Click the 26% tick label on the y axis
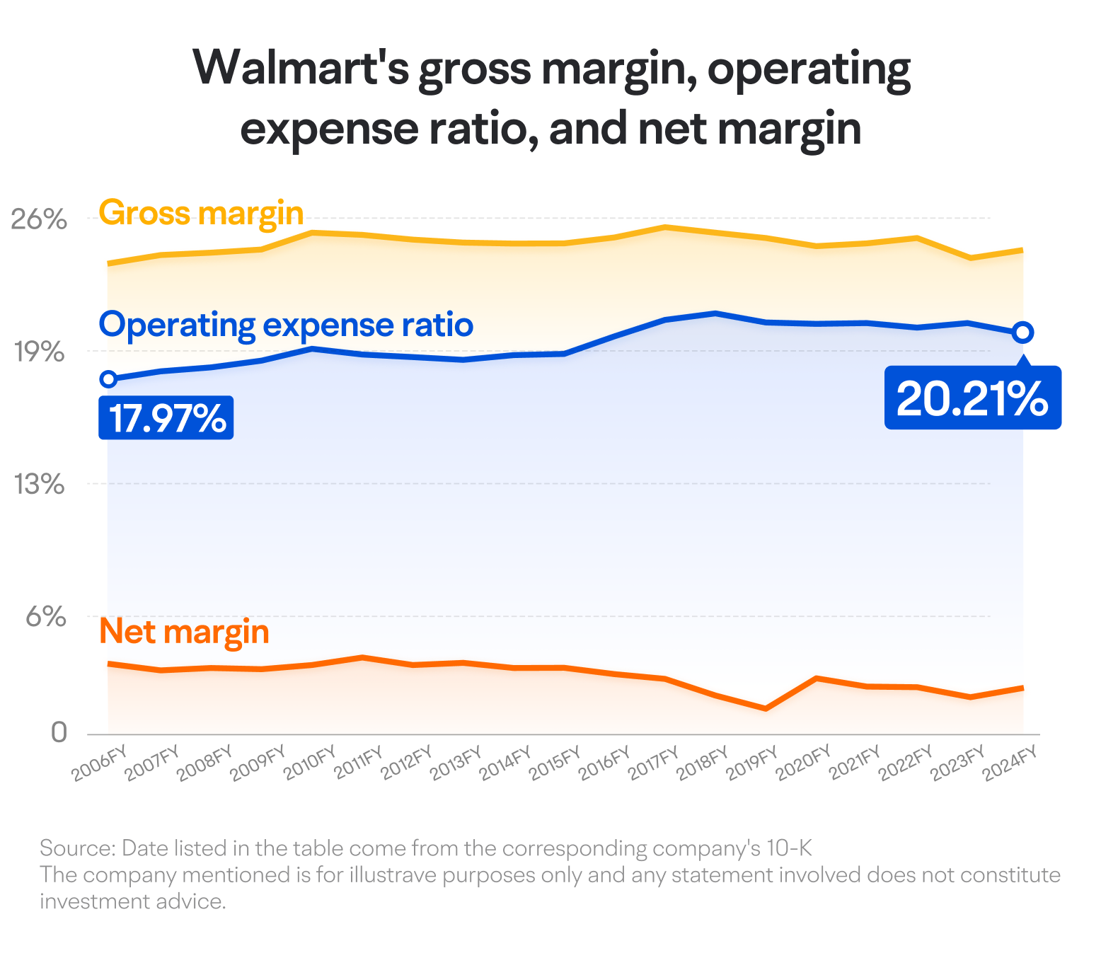39,219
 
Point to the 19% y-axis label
39,352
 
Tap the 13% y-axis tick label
39,485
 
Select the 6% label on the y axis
46,617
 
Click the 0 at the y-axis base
59,732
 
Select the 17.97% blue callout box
166,417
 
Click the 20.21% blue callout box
973,398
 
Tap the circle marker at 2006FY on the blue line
108,379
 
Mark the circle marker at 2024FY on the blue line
1022,332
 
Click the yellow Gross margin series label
201,213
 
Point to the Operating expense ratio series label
286,325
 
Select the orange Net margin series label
184,632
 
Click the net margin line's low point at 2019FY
765,708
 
